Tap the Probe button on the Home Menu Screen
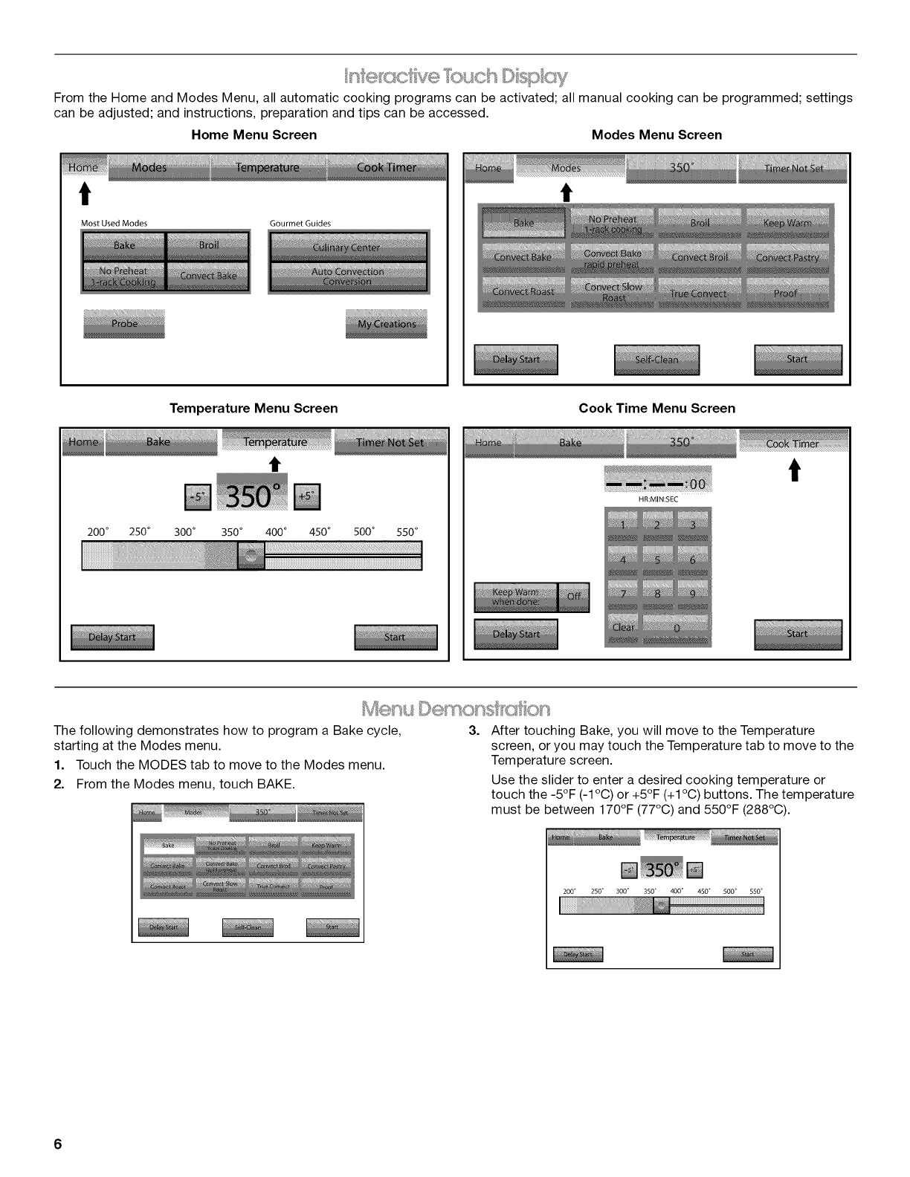(123, 324)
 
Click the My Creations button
(387, 324)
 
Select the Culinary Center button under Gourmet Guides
(348, 247)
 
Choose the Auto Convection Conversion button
(348, 276)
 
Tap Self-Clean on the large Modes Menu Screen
(656, 360)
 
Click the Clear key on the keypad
(623, 628)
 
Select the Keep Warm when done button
(515, 597)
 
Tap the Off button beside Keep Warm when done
(574, 597)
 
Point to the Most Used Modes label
(114, 223)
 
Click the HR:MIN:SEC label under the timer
(658, 499)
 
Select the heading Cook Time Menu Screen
(656, 408)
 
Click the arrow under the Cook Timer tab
(793, 470)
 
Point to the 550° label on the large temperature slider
(407, 532)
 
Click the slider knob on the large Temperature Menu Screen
(251, 555)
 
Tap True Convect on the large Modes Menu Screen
(698, 294)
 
